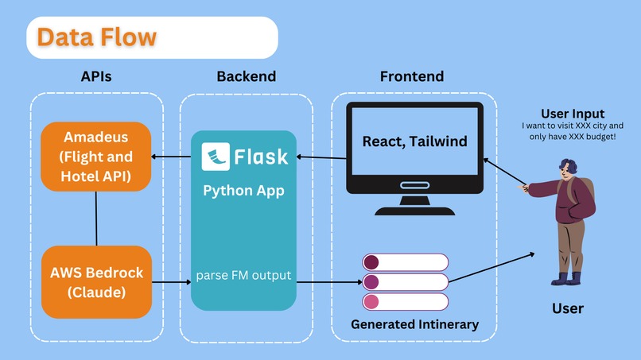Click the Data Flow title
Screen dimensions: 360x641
click(x=96, y=37)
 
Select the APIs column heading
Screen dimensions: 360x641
click(x=97, y=77)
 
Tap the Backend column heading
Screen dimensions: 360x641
click(x=246, y=77)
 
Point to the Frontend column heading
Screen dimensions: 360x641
click(x=411, y=77)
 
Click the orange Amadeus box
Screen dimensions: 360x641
click(x=96, y=157)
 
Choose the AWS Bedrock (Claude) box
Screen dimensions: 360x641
click(x=96, y=282)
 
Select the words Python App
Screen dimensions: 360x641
click(x=243, y=191)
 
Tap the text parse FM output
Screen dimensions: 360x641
click(x=243, y=277)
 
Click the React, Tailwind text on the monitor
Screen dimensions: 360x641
click(x=414, y=141)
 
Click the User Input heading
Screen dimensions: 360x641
click(x=572, y=114)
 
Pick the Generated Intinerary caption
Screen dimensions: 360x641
click(x=415, y=324)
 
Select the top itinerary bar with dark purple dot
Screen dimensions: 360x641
click(x=406, y=262)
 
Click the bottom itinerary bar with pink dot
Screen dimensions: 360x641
click(x=406, y=301)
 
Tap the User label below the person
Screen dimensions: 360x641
click(x=567, y=308)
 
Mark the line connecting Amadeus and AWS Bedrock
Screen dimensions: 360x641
click(x=96, y=219)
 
